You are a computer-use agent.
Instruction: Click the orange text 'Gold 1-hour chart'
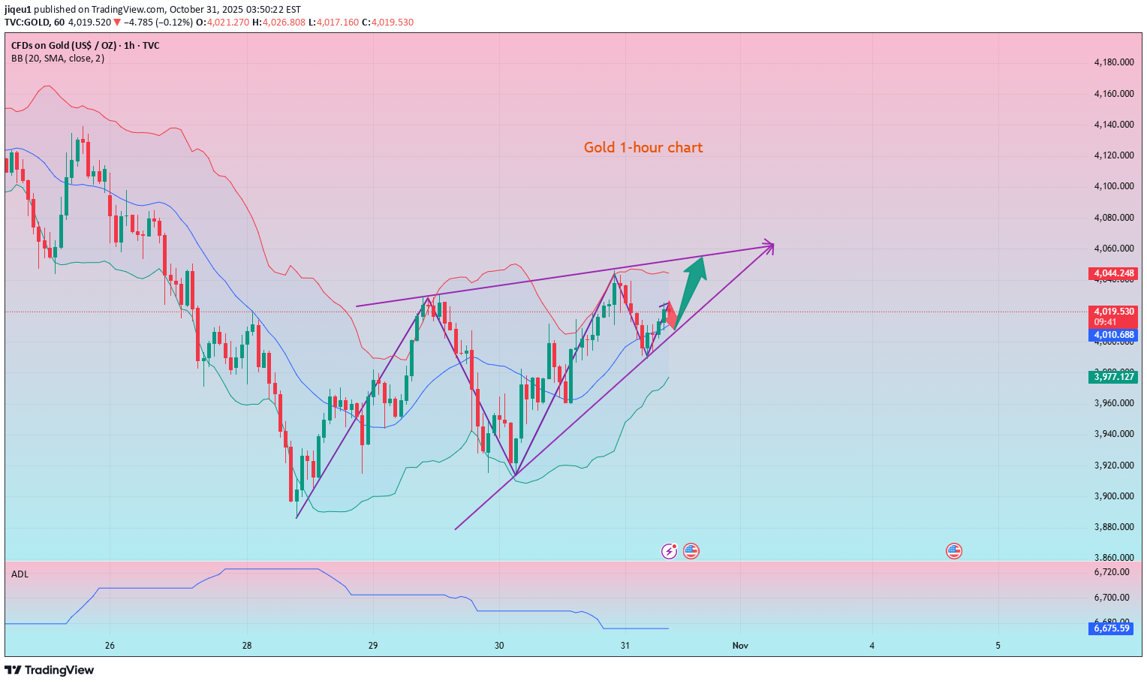tap(643, 147)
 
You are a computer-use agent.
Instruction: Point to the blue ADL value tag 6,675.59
tap(1111, 628)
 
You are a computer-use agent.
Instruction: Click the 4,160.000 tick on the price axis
tap(1114, 94)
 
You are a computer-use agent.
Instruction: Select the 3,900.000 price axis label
tap(1114, 496)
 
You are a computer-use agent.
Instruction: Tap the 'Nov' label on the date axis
tap(740, 646)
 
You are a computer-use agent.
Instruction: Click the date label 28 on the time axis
tap(247, 646)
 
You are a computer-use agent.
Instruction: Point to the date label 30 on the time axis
tap(499, 646)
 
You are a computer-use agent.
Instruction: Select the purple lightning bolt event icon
tap(669, 552)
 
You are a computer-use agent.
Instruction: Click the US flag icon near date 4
tap(953, 552)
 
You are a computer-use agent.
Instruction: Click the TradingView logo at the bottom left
tap(50, 670)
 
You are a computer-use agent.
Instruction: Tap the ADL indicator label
tap(20, 574)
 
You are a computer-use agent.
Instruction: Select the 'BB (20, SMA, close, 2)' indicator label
tap(58, 59)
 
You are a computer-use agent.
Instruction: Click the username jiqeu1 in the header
tap(19, 10)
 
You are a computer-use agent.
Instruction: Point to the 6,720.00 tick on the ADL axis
tap(1112, 572)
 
